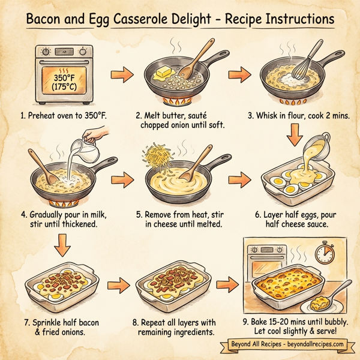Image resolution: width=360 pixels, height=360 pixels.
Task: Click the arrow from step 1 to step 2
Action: (123, 77)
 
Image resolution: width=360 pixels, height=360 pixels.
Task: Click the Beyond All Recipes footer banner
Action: (286, 345)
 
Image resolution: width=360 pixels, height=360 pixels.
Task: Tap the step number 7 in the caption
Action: (28, 320)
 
